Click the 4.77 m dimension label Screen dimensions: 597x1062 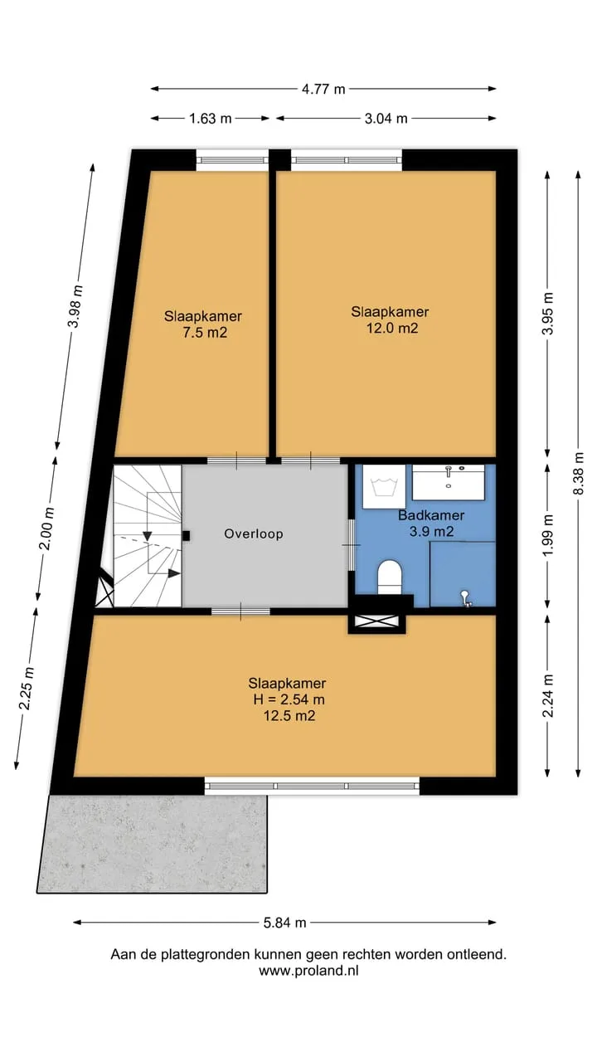[x=323, y=89]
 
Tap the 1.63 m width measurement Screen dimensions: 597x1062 [x=211, y=118]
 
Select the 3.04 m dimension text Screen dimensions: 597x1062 [x=386, y=118]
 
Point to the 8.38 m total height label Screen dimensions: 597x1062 [x=578, y=473]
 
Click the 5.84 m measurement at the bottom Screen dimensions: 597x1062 [x=284, y=923]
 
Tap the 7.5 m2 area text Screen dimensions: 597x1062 [x=205, y=333]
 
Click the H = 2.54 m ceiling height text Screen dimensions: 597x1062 [x=289, y=699]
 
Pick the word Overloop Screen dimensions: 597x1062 [x=254, y=533]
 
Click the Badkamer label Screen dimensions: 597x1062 [x=431, y=515]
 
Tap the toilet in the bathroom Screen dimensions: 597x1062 [x=390, y=577]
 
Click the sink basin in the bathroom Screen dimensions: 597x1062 [x=449, y=482]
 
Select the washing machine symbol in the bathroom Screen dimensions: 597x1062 [x=384, y=486]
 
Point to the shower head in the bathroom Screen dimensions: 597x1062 [x=466, y=598]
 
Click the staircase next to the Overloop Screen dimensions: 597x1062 [x=147, y=536]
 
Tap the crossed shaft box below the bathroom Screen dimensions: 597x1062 [x=377, y=622]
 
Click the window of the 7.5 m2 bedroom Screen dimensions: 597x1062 [x=232, y=160]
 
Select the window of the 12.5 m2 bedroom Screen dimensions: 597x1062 [x=313, y=786]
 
